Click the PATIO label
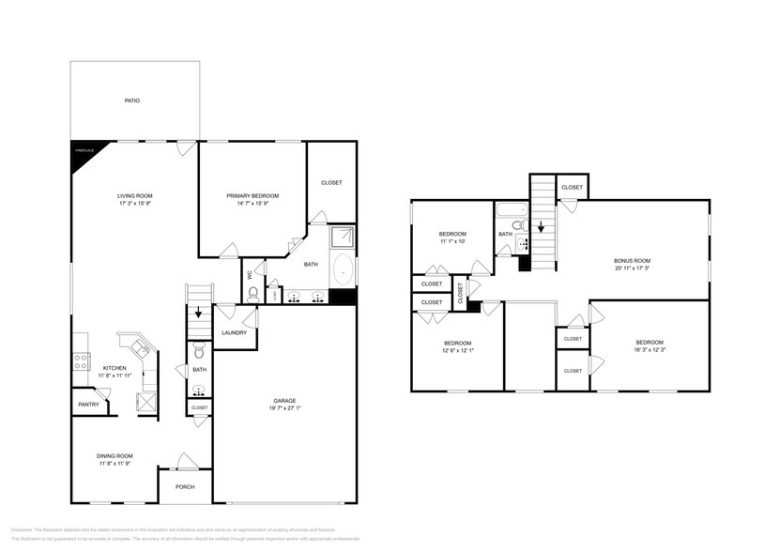pos(133,100)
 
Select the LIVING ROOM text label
pos(134,195)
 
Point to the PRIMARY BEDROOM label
pos(252,195)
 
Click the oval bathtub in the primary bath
pos(344,269)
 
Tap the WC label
pos(249,275)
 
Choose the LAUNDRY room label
pos(234,333)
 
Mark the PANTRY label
pos(89,405)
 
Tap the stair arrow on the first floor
pos(198,314)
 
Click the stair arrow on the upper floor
pos(543,227)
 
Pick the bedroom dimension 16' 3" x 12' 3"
pos(650,349)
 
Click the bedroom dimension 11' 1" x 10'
pos(452,241)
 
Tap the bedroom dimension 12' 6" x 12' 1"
pos(458,350)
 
